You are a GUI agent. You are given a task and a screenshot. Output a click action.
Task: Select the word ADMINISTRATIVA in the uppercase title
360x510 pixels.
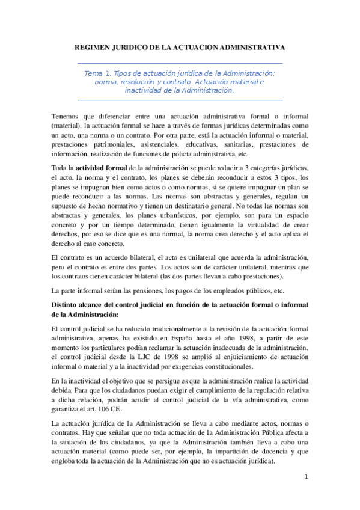click(x=254, y=46)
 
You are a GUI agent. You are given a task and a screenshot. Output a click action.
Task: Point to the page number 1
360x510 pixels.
click(x=306, y=477)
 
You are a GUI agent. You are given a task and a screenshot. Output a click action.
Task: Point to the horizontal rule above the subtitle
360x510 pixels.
click(x=180, y=63)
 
